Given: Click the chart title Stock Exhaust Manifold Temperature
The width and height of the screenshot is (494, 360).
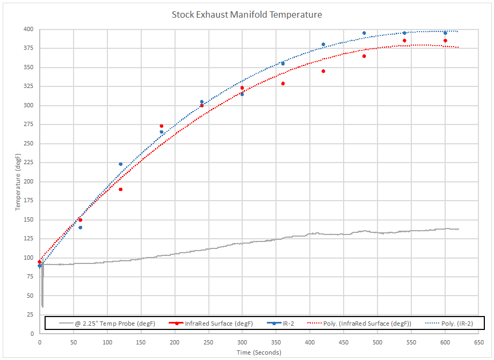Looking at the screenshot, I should click(x=246, y=14).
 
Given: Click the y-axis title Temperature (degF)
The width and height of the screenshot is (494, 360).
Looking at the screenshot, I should click(x=17, y=181).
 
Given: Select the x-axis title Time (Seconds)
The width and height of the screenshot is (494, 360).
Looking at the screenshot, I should click(x=258, y=352).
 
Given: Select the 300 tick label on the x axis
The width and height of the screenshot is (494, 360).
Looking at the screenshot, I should click(x=242, y=342).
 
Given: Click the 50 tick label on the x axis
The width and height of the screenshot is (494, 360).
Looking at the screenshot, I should click(x=73, y=342).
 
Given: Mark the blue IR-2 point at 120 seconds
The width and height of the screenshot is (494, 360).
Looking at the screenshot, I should click(x=120, y=164).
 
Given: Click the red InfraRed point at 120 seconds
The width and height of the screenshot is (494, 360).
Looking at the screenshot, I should click(x=120, y=189).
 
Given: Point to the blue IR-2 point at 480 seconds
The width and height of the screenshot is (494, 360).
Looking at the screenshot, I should click(x=364, y=33).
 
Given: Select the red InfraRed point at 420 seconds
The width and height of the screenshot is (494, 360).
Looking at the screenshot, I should click(x=323, y=71).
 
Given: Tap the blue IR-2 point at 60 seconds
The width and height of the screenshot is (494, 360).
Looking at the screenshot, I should click(x=80, y=227).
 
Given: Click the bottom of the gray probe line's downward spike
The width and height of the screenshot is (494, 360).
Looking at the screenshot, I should click(x=42, y=306).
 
